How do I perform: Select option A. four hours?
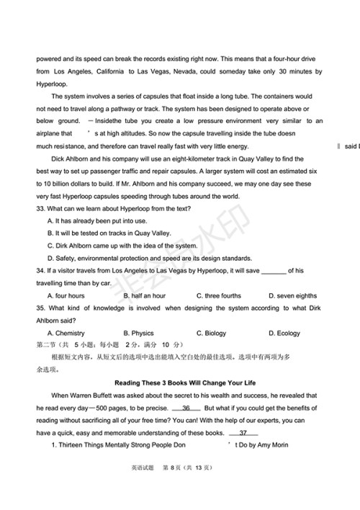pyautogui.click(x=66, y=295)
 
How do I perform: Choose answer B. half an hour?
pyautogui.click(x=145, y=295)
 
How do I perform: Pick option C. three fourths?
pyautogui.click(x=219, y=295)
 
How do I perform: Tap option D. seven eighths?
pyautogui.click(x=292, y=295)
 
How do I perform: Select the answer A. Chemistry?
pyautogui.click(x=66, y=333)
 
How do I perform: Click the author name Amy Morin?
pyautogui.click(x=269, y=445)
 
